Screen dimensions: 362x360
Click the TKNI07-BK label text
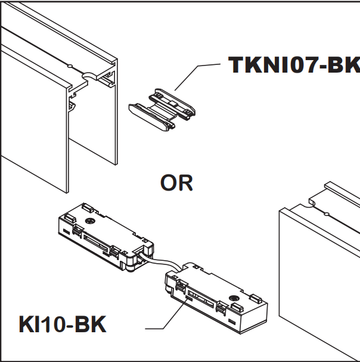click(294, 64)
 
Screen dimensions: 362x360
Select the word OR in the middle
click(176, 183)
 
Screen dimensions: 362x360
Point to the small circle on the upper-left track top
click(70, 64)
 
